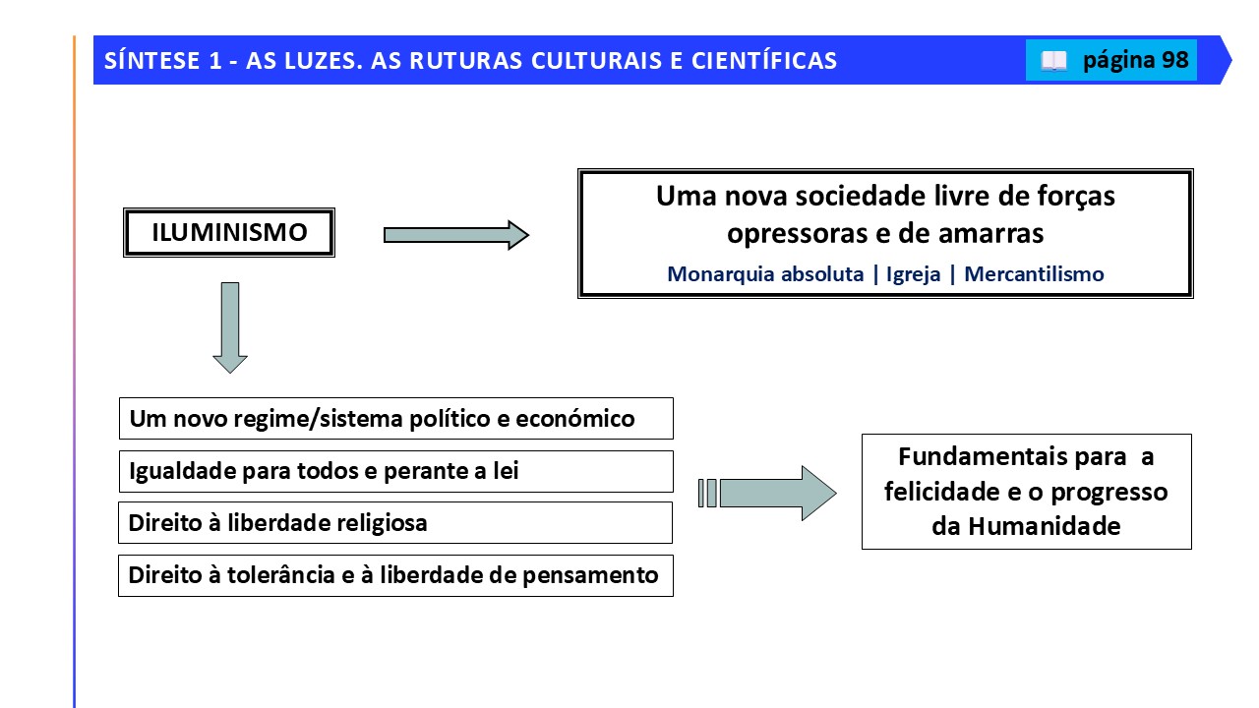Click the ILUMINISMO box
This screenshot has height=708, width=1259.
(229, 233)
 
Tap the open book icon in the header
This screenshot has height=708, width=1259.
(1053, 61)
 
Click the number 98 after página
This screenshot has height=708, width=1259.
(1175, 60)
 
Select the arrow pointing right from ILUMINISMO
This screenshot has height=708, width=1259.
(455, 235)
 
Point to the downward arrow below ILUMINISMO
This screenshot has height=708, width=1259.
(230, 327)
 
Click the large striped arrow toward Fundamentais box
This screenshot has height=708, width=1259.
(767, 493)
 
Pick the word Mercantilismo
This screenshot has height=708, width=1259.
(1034, 274)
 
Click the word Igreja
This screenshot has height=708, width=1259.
(914, 274)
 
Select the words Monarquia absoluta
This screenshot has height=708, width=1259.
(765, 274)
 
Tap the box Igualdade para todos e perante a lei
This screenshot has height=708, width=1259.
(396, 471)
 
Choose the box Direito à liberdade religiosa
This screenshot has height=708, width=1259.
(395, 522)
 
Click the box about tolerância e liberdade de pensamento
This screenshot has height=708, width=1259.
(395, 575)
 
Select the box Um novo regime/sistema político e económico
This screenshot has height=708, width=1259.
(396, 419)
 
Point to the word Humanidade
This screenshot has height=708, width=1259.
(1045, 526)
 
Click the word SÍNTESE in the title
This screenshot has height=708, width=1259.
(152, 61)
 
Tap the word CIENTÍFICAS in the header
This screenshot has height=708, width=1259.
(764, 61)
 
